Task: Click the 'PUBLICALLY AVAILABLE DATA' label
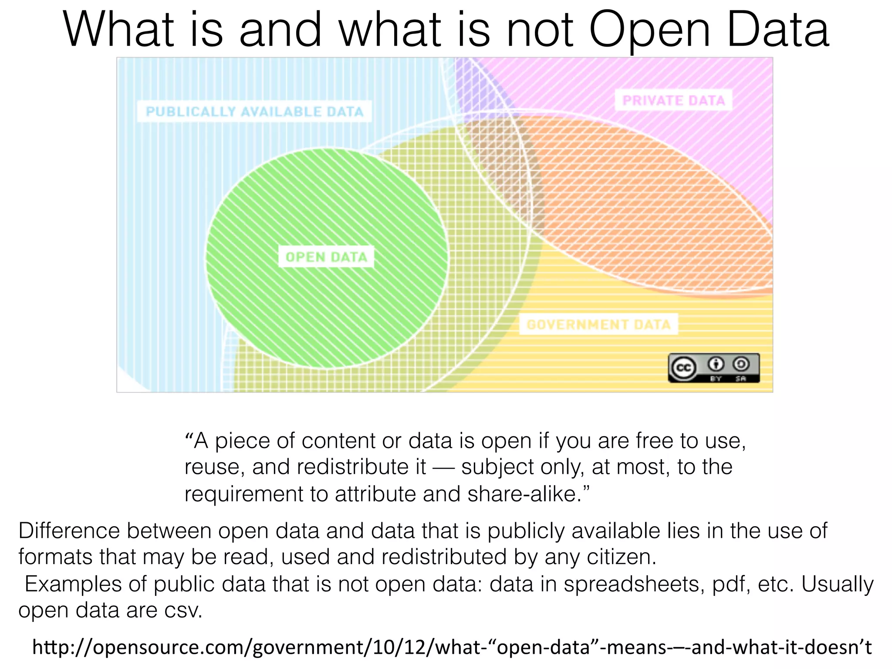point(254,111)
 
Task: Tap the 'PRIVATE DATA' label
point(673,101)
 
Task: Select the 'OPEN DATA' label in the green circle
point(326,257)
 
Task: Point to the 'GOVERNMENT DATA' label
point(598,324)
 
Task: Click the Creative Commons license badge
point(713,368)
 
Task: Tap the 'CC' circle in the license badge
point(683,368)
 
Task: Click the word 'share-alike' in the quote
point(524,494)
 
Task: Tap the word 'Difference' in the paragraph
point(69,531)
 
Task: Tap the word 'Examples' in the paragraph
point(73,584)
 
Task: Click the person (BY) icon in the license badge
point(716,363)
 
